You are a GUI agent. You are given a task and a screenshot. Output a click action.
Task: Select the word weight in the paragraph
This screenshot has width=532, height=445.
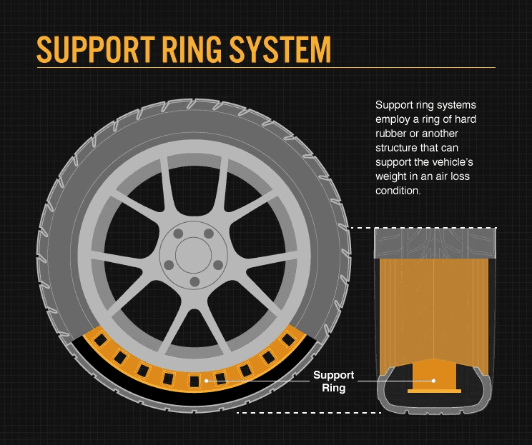(391, 176)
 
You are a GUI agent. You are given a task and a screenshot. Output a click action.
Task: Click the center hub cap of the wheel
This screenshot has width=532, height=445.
(189, 254)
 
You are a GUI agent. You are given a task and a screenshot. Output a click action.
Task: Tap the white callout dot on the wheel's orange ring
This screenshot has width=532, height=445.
(207, 381)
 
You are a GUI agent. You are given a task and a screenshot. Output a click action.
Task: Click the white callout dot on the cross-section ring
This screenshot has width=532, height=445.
(433, 381)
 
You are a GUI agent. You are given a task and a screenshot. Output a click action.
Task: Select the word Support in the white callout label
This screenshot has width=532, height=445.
(333, 375)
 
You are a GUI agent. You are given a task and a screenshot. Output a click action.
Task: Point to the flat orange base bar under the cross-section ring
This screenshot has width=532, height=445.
(433, 391)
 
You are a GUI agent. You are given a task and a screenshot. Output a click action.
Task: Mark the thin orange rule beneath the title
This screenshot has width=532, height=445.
(265, 68)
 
